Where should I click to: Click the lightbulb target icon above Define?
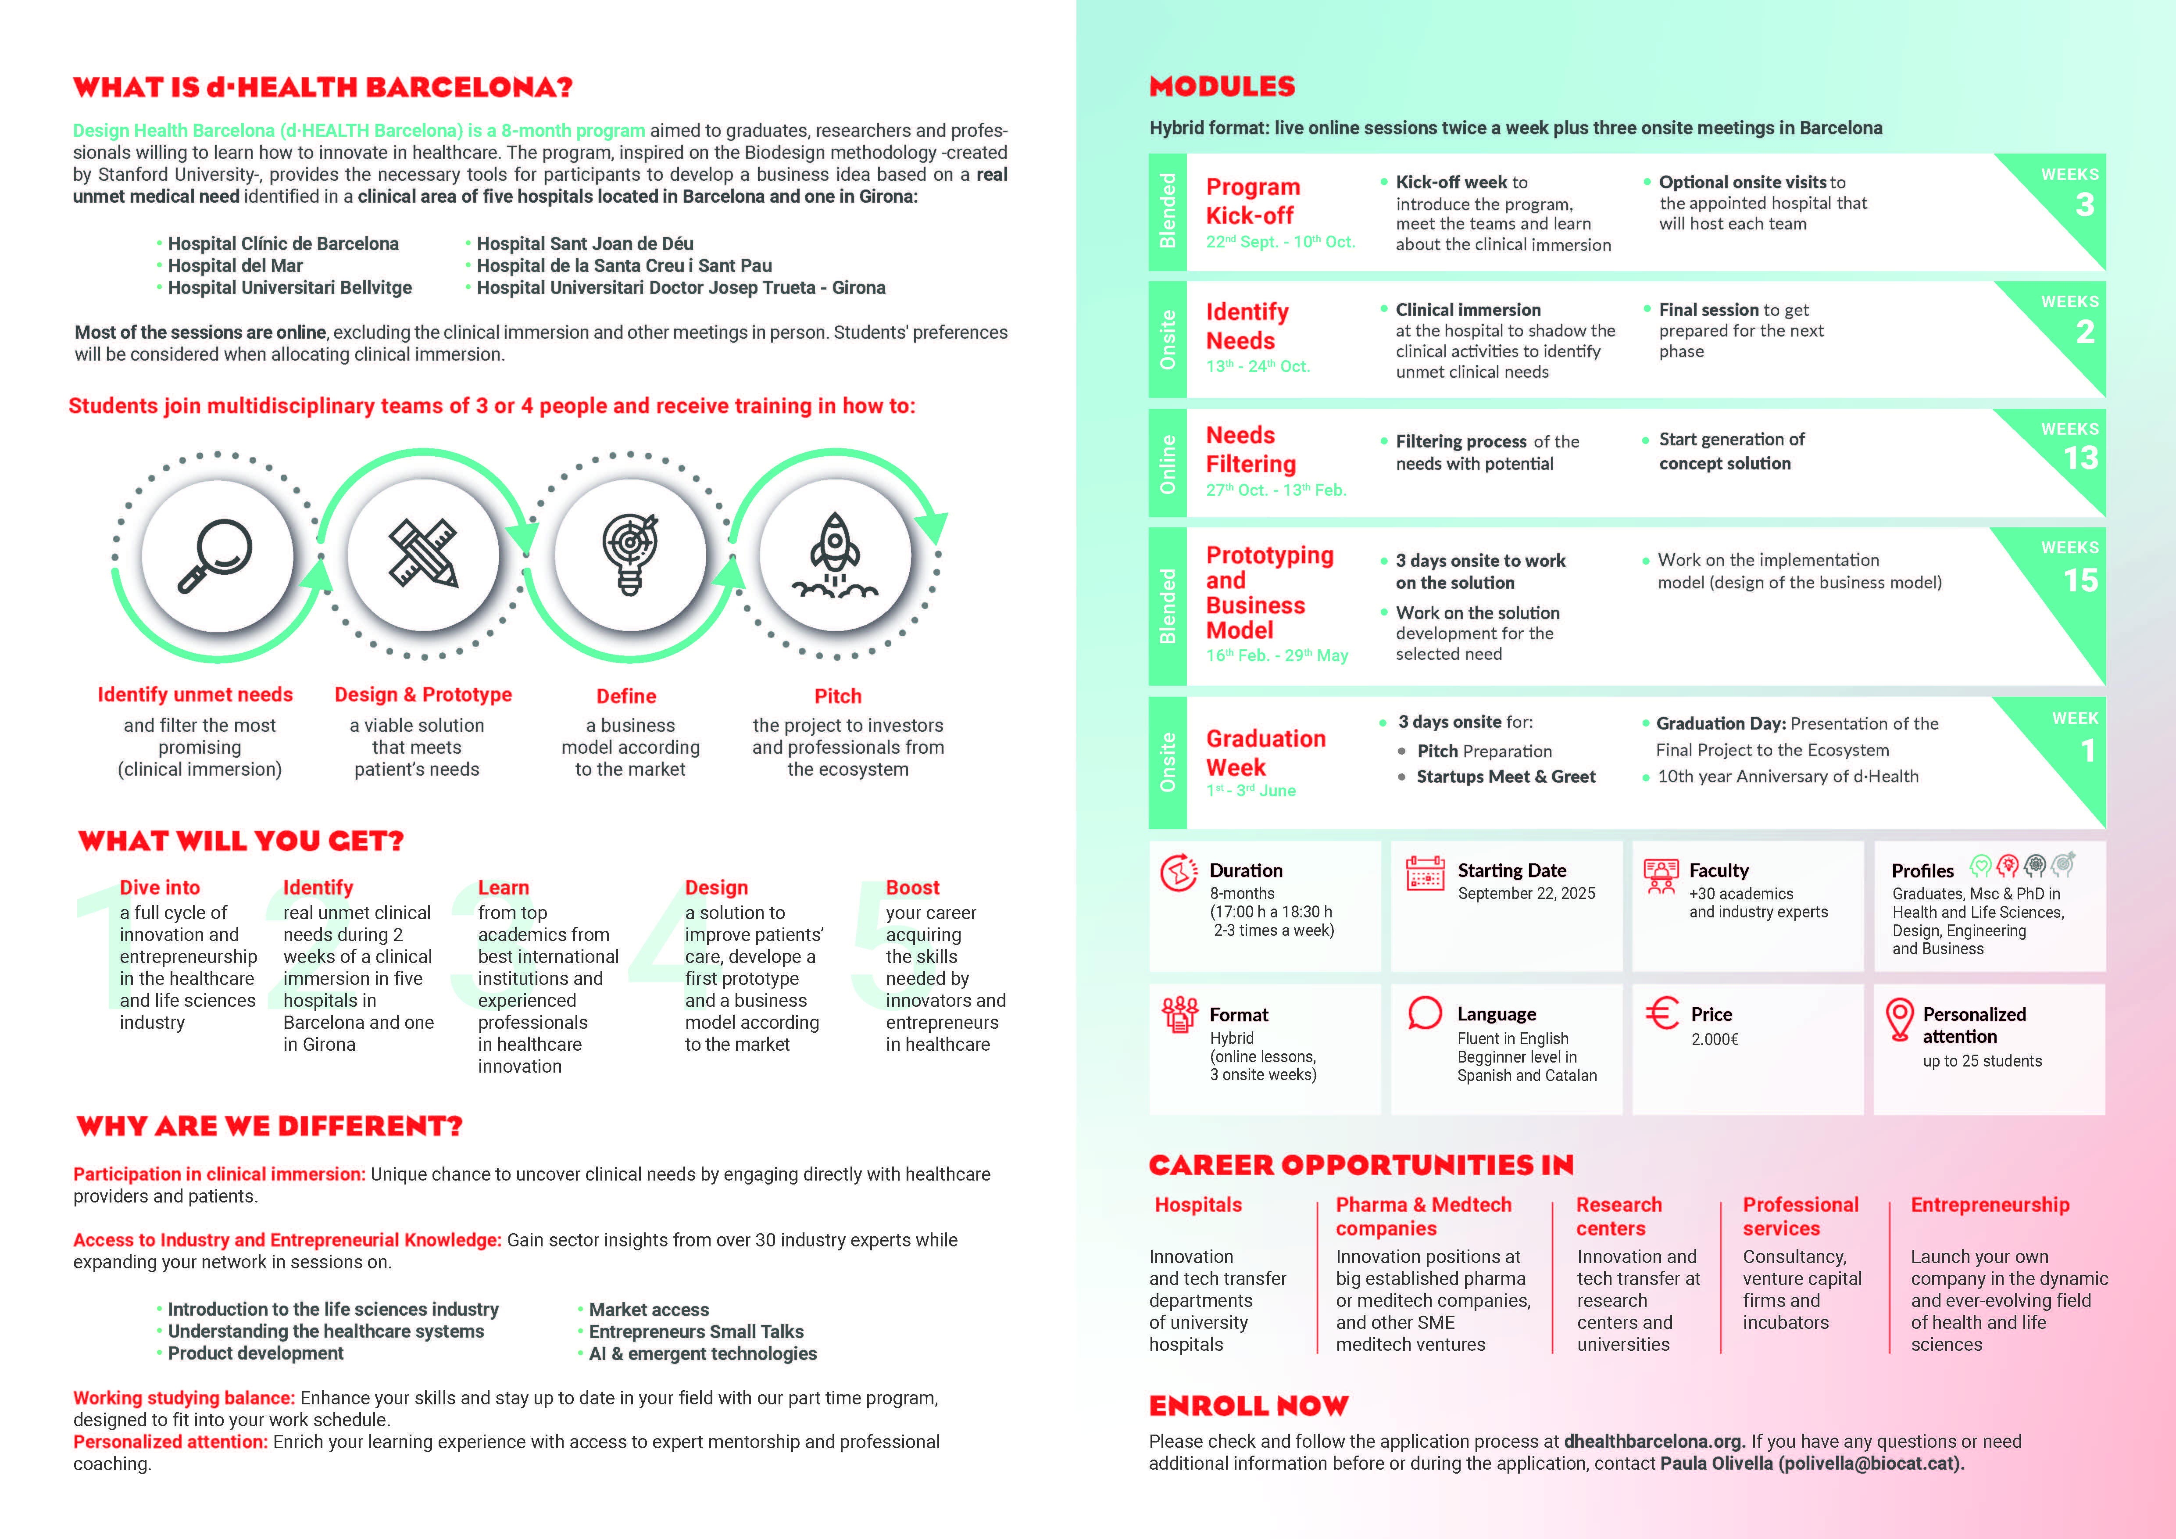point(629,555)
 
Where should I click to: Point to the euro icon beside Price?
point(1661,1014)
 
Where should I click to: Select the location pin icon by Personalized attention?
point(1899,1020)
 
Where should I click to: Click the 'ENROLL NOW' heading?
point(1248,1405)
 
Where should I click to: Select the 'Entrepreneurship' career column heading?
point(1989,1204)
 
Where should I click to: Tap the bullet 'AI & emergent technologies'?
point(702,1353)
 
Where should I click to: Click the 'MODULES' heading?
point(1222,86)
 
